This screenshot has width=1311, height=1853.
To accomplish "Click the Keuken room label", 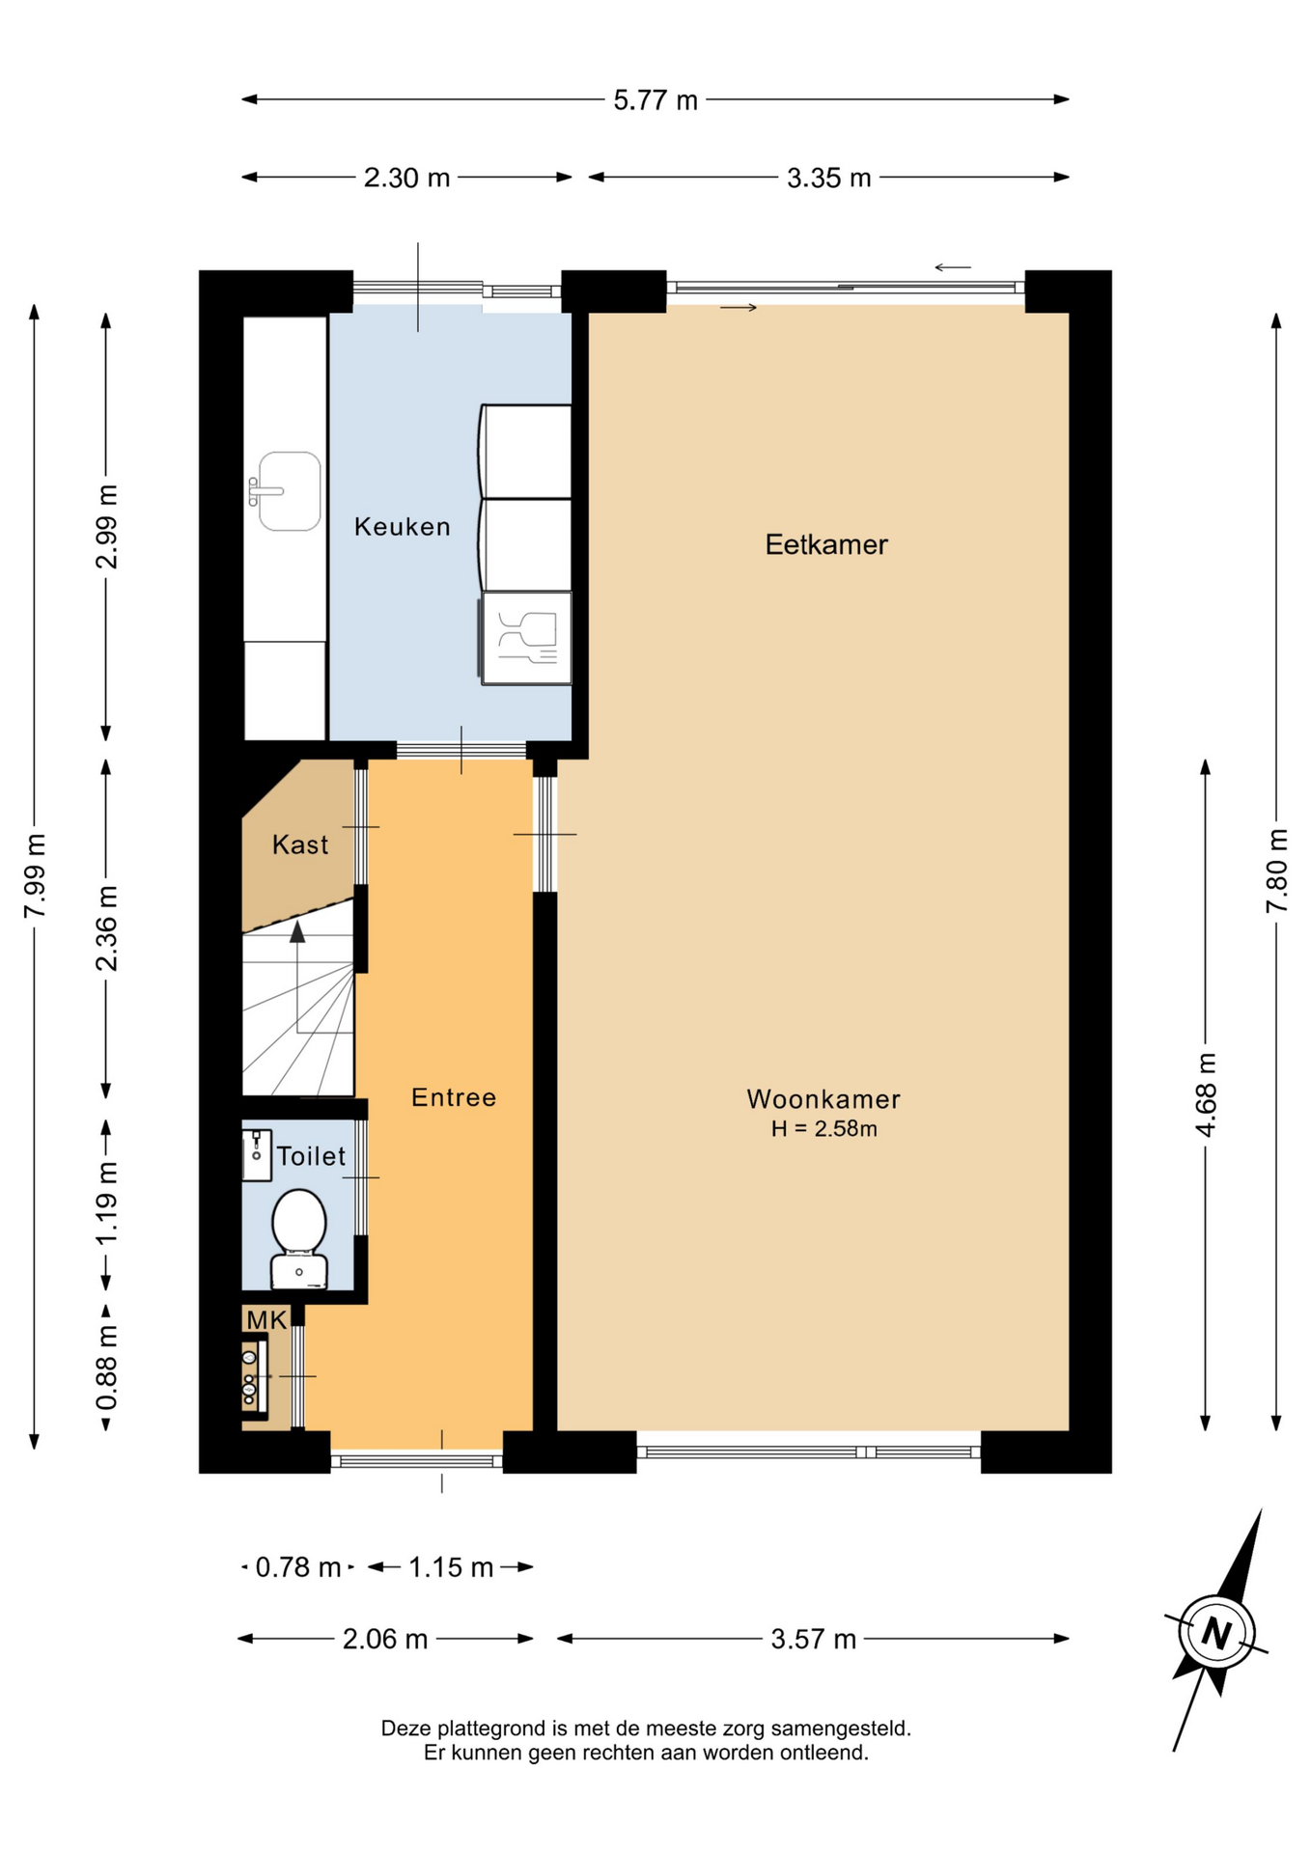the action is [x=402, y=527].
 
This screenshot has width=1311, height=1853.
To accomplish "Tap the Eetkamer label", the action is [x=826, y=544].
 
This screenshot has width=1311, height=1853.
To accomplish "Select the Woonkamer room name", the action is [x=823, y=1098].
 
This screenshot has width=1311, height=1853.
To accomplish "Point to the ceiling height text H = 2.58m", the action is [x=823, y=1128].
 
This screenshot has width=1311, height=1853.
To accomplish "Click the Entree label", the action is [x=454, y=1097].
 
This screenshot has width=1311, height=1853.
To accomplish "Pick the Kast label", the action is [x=300, y=844].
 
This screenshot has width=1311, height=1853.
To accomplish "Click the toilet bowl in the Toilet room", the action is [x=298, y=1239].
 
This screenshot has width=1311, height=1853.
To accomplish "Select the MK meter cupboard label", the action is [x=266, y=1320].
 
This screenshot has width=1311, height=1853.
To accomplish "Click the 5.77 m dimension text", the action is [x=655, y=100].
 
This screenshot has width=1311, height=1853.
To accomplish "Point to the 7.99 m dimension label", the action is [x=35, y=876].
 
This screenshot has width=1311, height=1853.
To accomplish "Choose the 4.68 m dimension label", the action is [x=1206, y=1095].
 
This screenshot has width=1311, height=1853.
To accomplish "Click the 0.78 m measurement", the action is [x=298, y=1567].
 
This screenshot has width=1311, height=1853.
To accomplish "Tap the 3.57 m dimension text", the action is [x=813, y=1639].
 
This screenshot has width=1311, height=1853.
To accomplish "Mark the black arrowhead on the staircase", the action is [x=297, y=931].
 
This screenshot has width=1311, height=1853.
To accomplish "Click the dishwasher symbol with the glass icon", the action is [x=526, y=638].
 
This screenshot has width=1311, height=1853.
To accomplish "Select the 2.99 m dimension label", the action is [x=107, y=527].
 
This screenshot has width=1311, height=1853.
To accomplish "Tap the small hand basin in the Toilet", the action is [x=257, y=1154].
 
